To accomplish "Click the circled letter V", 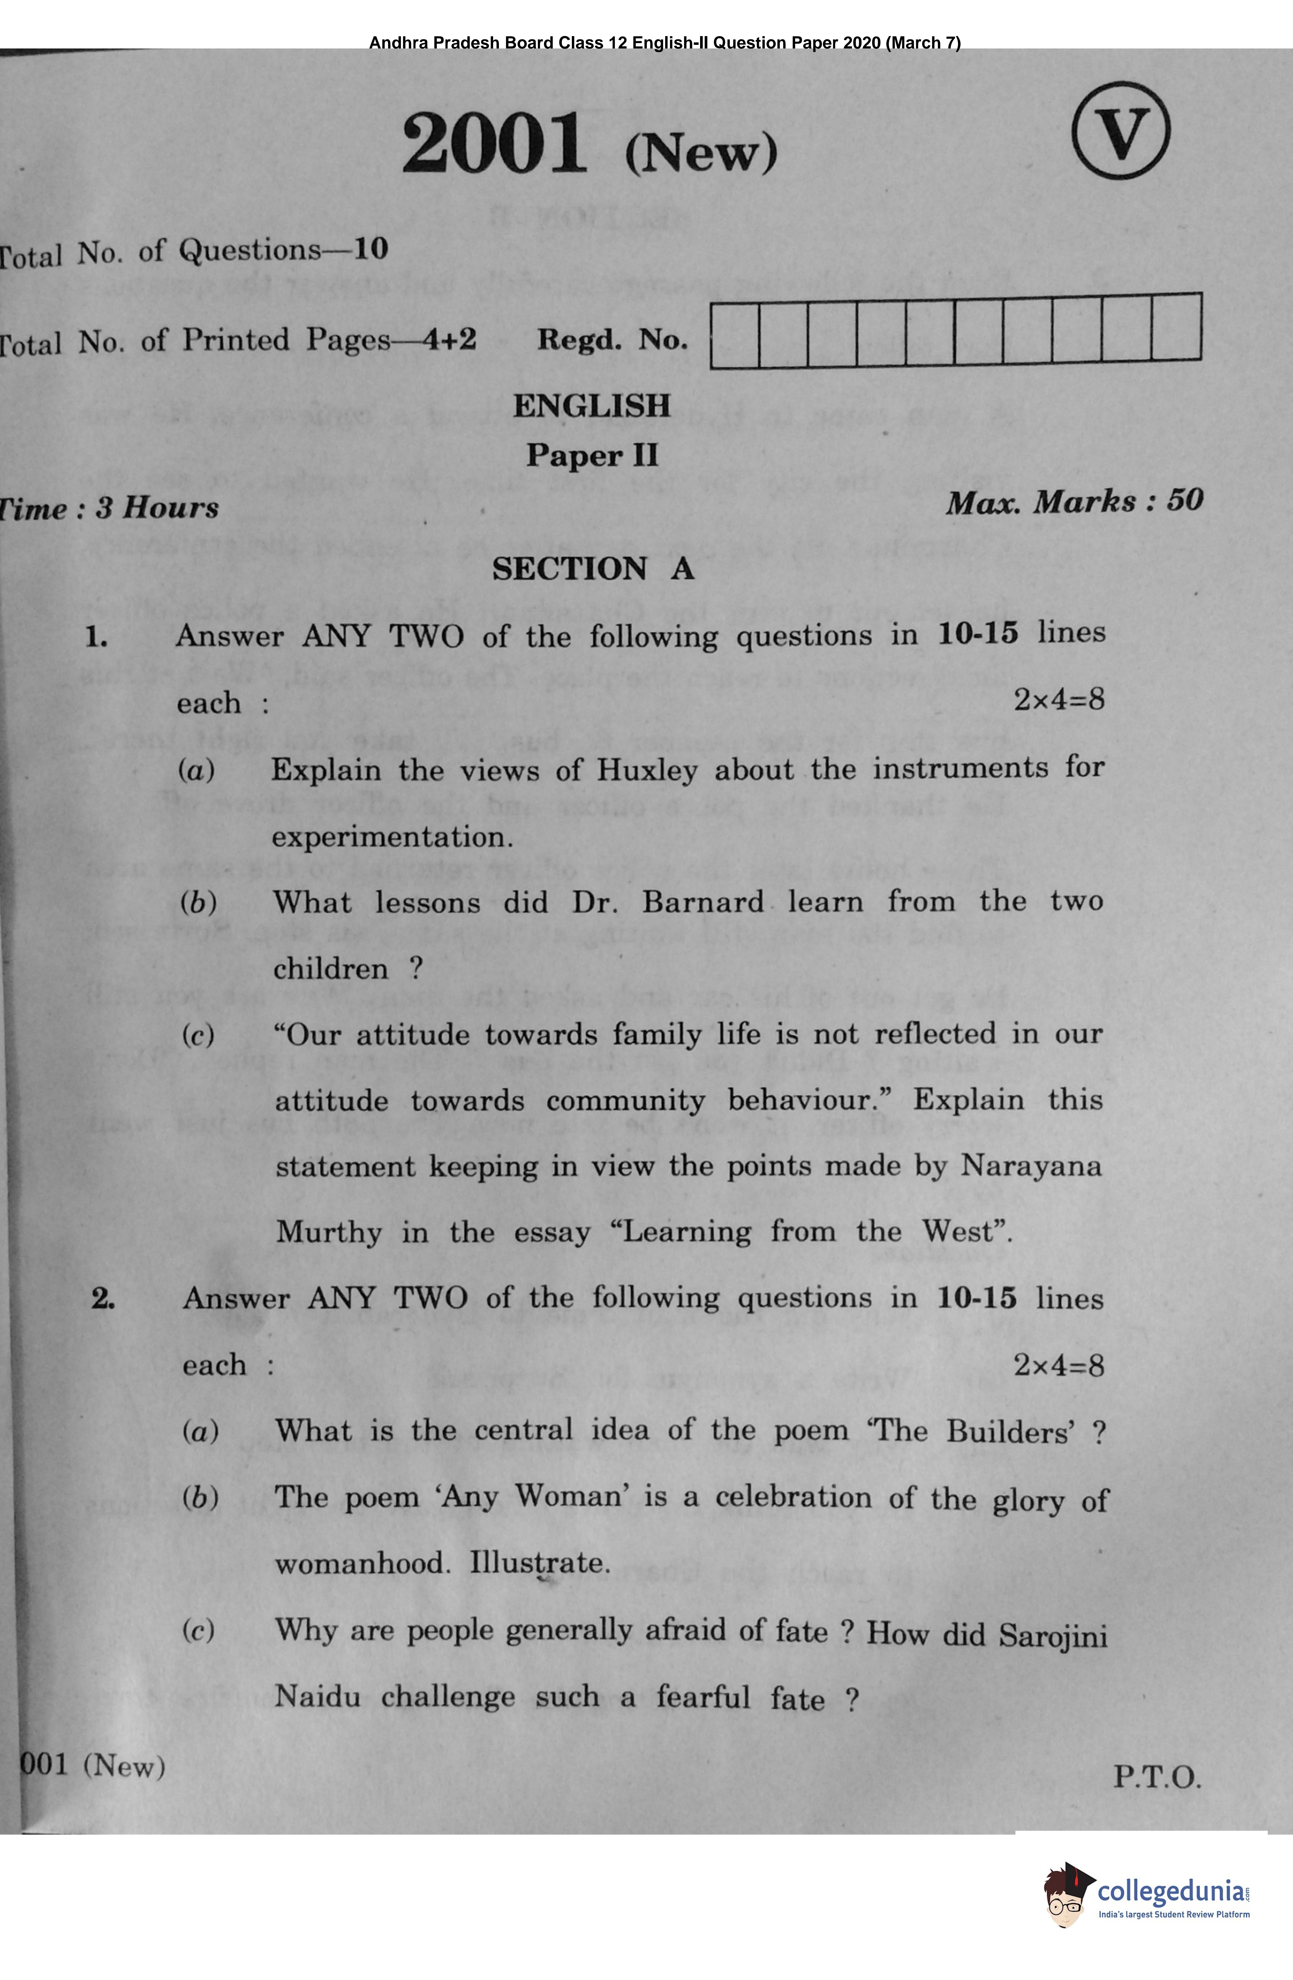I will pyautogui.click(x=1120, y=131).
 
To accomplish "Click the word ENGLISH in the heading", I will pyautogui.click(x=591, y=406).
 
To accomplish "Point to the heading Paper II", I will pyautogui.click(x=591, y=455).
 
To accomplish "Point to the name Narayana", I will pyautogui.click(x=1031, y=1166).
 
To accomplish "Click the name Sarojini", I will pyautogui.click(x=1053, y=1636).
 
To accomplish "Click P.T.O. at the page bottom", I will pyautogui.click(x=1157, y=1778).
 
